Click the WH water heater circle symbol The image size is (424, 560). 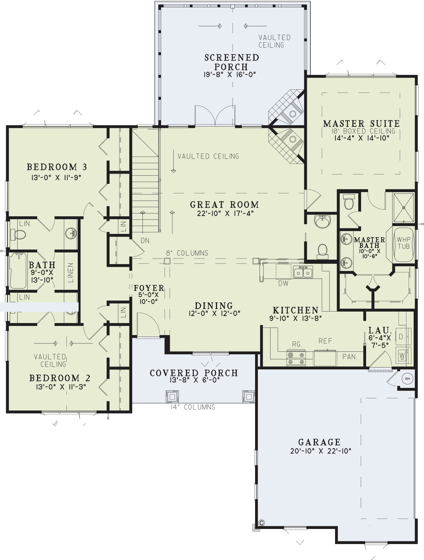(x=407, y=379)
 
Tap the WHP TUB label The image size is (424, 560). (x=404, y=243)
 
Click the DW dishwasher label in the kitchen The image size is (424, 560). (x=283, y=283)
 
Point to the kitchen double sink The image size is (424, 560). (x=303, y=272)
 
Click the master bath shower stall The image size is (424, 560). (x=403, y=207)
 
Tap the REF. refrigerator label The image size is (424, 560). (x=326, y=341)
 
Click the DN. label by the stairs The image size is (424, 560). (x=146, y=240)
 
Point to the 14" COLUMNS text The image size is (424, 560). (x=193, y=407)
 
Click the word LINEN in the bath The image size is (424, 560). (x=70, y=272)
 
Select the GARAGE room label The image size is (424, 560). (x=319, y=442)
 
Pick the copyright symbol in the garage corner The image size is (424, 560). (x=262, y=523)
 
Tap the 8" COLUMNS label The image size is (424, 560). (x=187, y=253)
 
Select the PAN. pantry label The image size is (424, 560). (x=350, y=357)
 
